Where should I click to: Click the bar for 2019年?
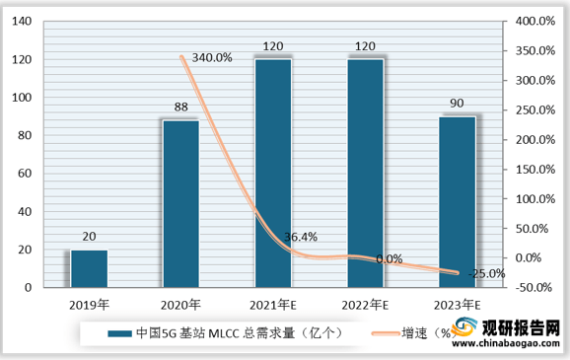point(89,268)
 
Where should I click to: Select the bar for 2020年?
point(181,203)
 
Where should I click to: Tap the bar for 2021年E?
point(273,174)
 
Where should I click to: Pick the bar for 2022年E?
point(365,174)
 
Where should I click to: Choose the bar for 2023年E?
point(457,201)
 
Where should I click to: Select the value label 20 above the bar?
point(89,237)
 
